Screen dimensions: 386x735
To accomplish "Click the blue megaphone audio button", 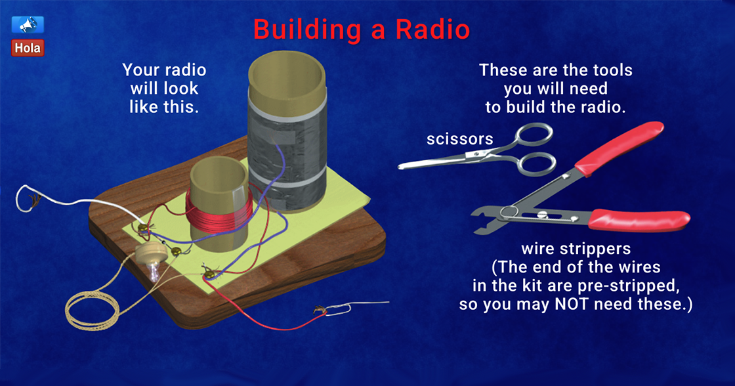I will click(x=28, y=25).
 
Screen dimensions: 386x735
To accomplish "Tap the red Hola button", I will click(x=28, y=48).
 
